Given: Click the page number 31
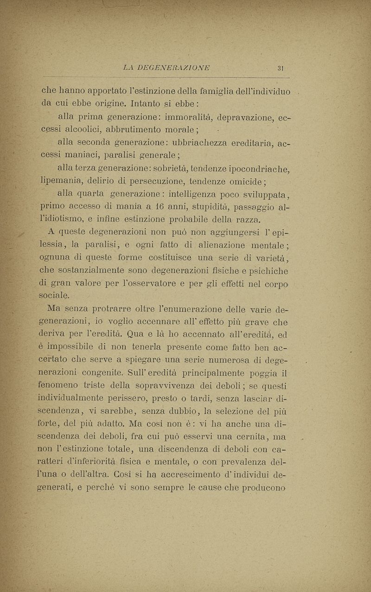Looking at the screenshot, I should click(x=280, y=68).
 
